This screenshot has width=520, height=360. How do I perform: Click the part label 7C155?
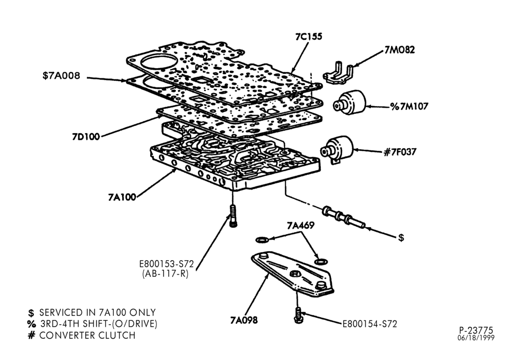coord(309,36)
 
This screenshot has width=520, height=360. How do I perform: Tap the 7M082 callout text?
coord(399,50)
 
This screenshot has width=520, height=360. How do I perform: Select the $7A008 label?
coord(61,76)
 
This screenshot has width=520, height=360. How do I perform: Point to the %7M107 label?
coord(409,107)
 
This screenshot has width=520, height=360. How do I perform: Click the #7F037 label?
coord(400,152)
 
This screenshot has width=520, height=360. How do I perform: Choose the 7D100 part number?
coord(86,137)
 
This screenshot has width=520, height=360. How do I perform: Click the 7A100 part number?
coord(122,197)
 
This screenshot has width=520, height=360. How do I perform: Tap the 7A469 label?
coord(301,226)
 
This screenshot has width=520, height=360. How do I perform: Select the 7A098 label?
coord(244,320)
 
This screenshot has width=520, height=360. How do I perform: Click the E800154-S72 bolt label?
coord(370,324)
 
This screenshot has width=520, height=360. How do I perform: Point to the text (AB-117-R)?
coord(165,274)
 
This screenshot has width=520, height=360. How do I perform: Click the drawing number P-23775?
coord(476,330)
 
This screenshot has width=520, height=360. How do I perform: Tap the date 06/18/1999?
coord(476,338)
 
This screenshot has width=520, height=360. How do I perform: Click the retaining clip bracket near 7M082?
coord(339,74)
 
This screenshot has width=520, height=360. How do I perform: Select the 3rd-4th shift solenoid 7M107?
coord(349,102)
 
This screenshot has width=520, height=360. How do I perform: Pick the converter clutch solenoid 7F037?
coord(337,150)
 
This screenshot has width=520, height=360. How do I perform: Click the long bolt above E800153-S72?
coord(233,216)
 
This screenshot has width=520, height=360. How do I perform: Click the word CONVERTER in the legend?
coord(64,336)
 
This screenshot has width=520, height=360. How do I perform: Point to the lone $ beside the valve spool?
coord(401,238)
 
